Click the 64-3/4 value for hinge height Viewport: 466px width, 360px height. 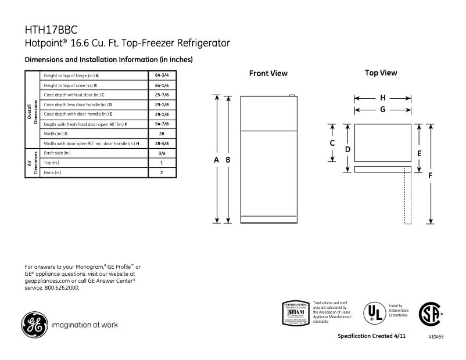coord(161,76)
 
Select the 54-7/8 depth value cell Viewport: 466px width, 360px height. coord(161,124)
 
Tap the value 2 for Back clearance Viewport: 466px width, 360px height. coord(161,172)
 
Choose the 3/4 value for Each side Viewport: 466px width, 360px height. coord(161,153)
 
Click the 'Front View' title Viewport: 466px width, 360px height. coord(268,74)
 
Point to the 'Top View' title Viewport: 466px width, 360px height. coord(381,73)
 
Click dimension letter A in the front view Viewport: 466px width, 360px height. coord(217,160)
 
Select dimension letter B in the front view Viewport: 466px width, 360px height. coord(228,160)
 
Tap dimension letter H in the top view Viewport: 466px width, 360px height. coord(383,98)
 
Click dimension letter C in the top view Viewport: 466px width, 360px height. coord(332,143)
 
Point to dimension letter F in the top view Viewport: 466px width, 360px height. coord(431,174)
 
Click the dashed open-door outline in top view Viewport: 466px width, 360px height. coord(408,197)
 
